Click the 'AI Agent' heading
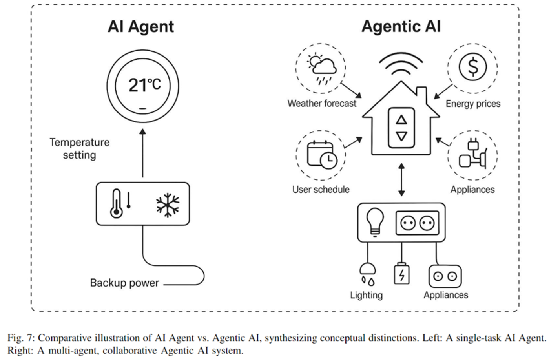point(140,27)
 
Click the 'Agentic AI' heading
point(401,27)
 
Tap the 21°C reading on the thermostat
point(144,85)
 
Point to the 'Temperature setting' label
point(79,148)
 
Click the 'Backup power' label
point(124,283)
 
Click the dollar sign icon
point(472,67)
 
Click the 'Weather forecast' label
point(322,104)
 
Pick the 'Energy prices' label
point(473,104)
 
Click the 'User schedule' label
point(321,190)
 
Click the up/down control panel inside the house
point(401,128)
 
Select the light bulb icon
point(375,221)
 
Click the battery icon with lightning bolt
point(401,274)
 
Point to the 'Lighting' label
point(366,295)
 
